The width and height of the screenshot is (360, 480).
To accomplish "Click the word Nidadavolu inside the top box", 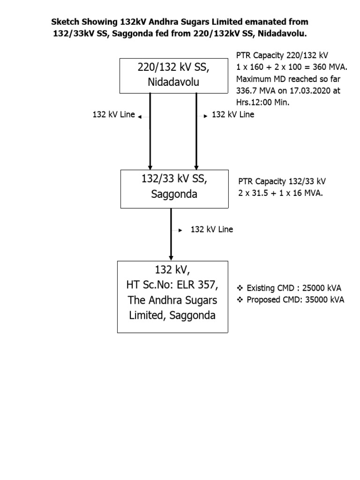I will click(x=173, y=82).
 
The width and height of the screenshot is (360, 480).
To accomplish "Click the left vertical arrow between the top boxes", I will click(x=150, y=131).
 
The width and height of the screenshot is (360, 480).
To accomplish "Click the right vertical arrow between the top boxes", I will click(x=196, y=131).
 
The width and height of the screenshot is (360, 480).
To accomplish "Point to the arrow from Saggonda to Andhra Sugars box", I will click(x=171, y=234).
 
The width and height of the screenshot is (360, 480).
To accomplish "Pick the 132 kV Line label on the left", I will click(x=113, y=115).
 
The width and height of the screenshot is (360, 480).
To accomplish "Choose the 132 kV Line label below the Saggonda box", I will click(x=211, y=230).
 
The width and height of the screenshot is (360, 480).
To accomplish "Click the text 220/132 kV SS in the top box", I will click(x=173, y=67).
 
